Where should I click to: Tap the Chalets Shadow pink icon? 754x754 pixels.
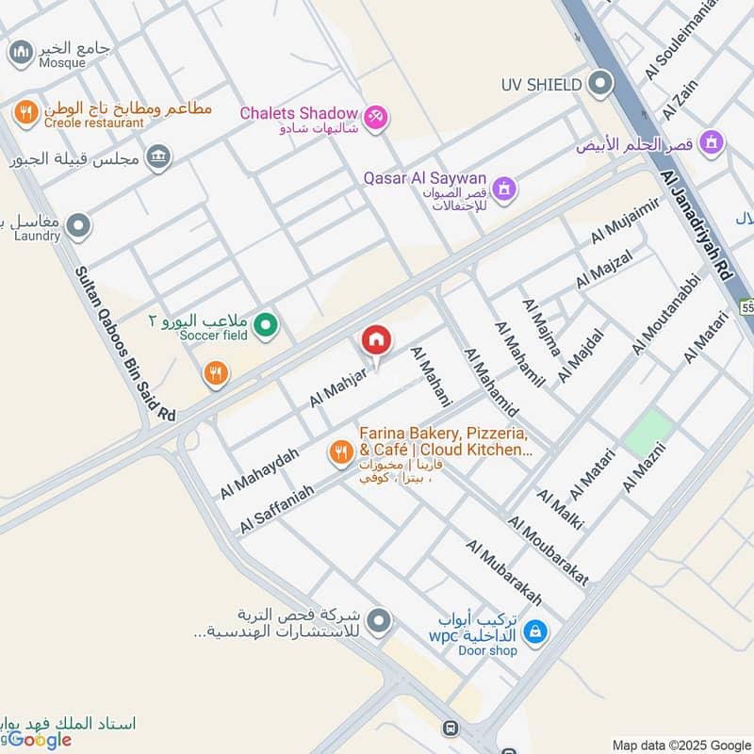coord(376,116)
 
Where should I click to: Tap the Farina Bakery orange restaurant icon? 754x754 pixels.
coord(340,454)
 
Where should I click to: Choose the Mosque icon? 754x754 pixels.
coord(20,54)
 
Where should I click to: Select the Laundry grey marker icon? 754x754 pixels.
coord(79,226)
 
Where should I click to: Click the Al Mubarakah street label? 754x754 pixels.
coord(503,573)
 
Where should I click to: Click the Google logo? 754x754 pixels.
coord(40,739)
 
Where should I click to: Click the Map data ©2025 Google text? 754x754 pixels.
coord(680,744)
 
